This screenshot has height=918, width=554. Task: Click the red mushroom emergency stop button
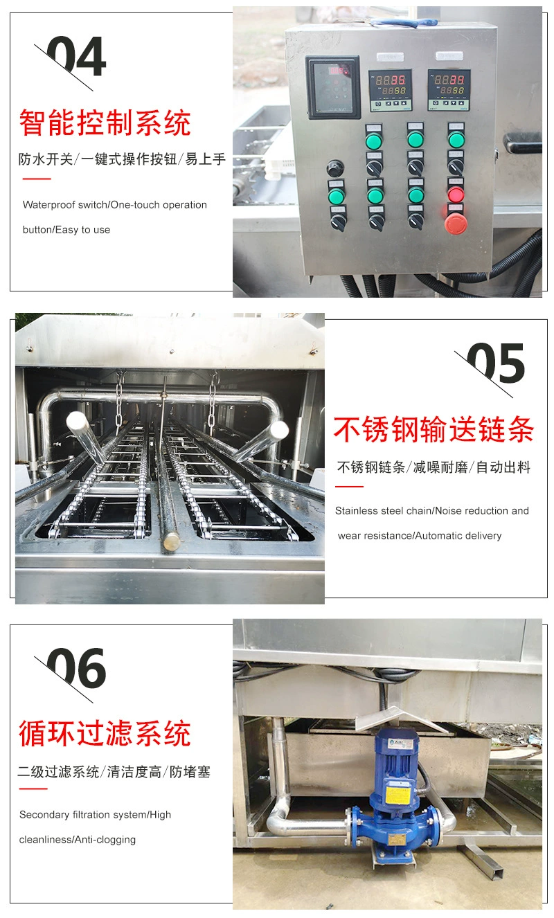pos(456,224)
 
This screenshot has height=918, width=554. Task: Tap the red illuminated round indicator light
pos(456,195)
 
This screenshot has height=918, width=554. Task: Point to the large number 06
pos(76,668)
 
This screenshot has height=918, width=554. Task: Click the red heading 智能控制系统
pos(105,123)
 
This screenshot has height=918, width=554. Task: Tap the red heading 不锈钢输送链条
pos(434,429)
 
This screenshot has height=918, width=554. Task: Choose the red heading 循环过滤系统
pos(105,734)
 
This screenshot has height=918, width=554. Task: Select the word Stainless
pos(356,511)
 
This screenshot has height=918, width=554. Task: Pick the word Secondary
pos(44,815)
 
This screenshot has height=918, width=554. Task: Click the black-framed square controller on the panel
pos(332,87)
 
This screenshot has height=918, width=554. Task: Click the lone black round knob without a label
pos(335,168)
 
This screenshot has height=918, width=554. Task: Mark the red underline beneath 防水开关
pos(37,179)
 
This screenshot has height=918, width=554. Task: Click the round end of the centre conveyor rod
pos(172,542)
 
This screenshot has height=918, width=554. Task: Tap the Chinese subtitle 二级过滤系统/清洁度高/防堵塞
pos(114,772)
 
